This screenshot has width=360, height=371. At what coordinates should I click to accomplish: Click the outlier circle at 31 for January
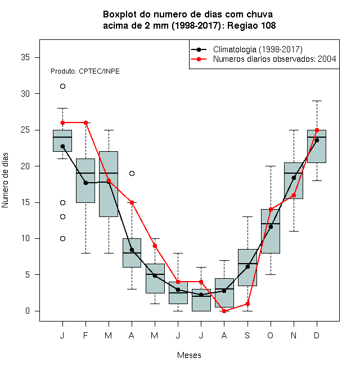[x=62, y=87]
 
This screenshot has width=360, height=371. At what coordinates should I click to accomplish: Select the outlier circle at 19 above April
[x=132, y=174]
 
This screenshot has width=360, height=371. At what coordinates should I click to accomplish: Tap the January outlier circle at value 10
[x=62, y=239]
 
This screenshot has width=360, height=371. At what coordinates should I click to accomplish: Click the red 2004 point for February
[x=85, y=123]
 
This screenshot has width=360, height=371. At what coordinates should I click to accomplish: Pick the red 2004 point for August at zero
[x=224, y=311]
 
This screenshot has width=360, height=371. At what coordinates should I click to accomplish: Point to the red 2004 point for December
[x=317, y=130]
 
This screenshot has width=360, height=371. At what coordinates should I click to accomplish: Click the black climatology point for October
[x=271, y=227]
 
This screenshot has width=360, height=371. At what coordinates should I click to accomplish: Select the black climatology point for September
[x=247, y=267]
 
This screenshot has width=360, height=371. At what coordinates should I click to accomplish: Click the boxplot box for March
[x=109, y=184]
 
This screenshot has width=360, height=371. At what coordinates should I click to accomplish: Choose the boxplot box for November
[x=294, y=181]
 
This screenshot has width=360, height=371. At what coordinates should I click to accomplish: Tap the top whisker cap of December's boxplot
[x=317, y=101]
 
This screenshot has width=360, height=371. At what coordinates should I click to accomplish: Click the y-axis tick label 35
[x=25, y=57]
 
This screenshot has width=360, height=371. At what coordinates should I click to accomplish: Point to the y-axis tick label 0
[x=28, y=311]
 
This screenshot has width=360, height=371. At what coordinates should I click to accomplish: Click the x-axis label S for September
[x=247, y=336]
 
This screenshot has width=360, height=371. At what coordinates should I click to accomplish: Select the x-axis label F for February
[x=85, y=336]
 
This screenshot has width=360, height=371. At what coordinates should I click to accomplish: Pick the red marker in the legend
[x=199, y=59]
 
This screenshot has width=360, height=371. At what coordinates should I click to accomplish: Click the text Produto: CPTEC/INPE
[x=85, y=71]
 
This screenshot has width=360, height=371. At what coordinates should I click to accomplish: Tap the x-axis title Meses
[x=189, y=355]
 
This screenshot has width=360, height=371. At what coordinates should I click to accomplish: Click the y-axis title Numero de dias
[x=5, y=180]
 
